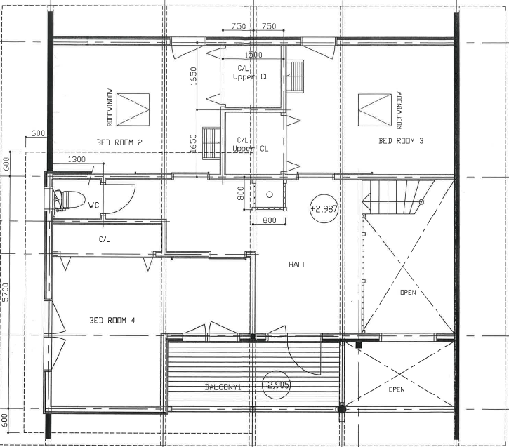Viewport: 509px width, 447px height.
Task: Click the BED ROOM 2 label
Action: (119, 142)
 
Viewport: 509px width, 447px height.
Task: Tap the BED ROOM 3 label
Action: (401, 141)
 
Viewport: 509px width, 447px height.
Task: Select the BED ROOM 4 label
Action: (112, 321)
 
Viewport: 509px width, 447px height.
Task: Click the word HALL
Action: (298, 265)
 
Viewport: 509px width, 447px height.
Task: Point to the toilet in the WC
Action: (69, 199)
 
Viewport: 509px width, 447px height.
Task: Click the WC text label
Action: (93, 205)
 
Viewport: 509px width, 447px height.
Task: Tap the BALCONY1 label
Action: (223, 387)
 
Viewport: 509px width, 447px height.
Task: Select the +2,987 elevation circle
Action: (324, 209)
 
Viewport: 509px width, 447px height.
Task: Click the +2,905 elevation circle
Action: (276, 385)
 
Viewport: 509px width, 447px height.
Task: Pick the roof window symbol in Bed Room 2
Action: (133, 109)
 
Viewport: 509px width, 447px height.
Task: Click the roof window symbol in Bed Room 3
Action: (375, 110)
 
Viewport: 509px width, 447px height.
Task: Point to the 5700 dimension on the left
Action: (6, 292)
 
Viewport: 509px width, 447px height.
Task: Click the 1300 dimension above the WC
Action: (77, 159)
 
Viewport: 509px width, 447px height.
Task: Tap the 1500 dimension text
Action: (253, 55)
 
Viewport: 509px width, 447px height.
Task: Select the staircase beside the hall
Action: (398, 197)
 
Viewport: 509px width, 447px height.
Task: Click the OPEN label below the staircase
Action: (408, 292)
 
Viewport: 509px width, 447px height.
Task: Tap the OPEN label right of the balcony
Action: (397, 389)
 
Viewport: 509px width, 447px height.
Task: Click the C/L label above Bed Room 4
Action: (104, 239)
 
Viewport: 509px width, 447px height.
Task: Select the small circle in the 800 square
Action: (270, 194)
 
